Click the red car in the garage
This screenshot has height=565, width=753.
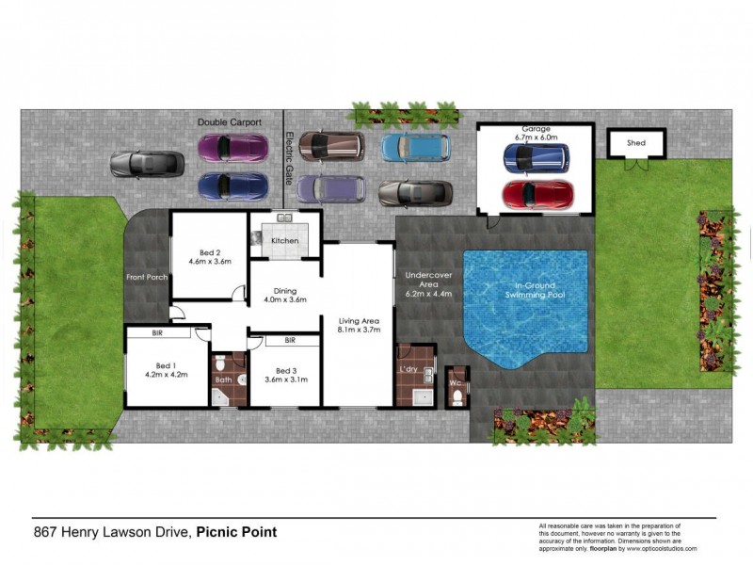(537, 195)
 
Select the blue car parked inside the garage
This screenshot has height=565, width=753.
(535, 159)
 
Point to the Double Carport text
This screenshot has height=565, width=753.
(229, 122)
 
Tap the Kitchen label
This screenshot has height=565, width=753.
(284, 241)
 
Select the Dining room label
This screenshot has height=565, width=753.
(284, 296)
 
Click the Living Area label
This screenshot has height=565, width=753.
(358, 326)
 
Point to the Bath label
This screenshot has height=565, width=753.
(223, 379)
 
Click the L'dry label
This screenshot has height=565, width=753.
(409, 367)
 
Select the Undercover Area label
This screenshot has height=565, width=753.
(428, 283)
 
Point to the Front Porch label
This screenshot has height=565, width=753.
(146, 277)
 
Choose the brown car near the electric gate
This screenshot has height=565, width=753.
(331, 145)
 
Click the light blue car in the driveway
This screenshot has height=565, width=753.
(415, 147)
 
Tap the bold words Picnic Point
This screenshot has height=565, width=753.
(237, 532)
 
